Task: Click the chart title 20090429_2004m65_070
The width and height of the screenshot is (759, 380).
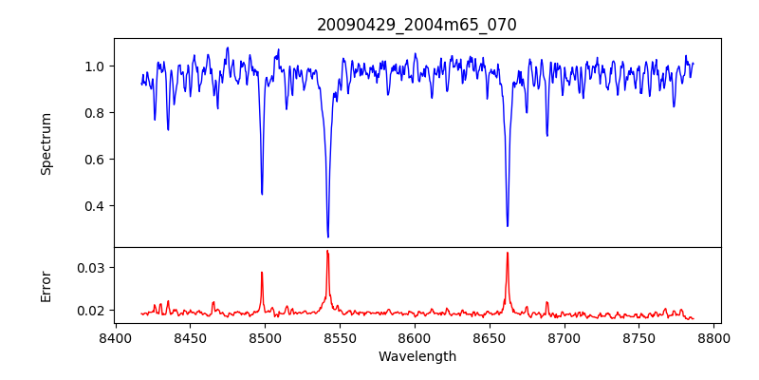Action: coord(417,25)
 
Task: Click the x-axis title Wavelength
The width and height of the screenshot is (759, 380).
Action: coord(417,356)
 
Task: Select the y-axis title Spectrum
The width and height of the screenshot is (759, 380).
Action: coord(46,143)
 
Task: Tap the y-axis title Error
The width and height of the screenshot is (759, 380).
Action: coord(46,286)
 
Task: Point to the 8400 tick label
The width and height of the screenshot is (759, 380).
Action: coord(115,338)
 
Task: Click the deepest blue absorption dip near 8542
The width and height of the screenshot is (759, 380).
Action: coord(328,237)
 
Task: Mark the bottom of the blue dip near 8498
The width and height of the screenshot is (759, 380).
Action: coord(262,194)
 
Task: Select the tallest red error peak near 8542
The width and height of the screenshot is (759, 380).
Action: coord(327,251)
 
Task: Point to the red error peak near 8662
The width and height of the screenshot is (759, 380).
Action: coord(508,253)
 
